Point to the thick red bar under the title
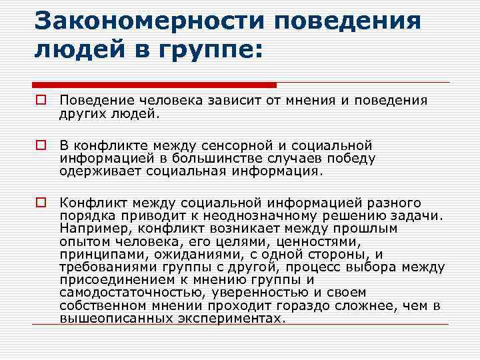[x=154, y=85]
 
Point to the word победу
[x=353, y=158]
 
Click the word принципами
[x=94, y=254]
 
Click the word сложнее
[x=373, y=305]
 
